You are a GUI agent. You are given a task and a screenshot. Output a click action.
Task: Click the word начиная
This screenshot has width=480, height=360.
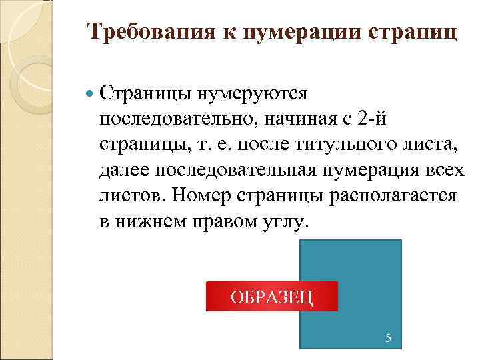point(297,119)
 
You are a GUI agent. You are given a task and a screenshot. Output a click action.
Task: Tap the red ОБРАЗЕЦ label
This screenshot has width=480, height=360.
point(271,296)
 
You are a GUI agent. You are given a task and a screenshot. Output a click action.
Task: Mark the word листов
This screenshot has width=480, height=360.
point(131,196)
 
